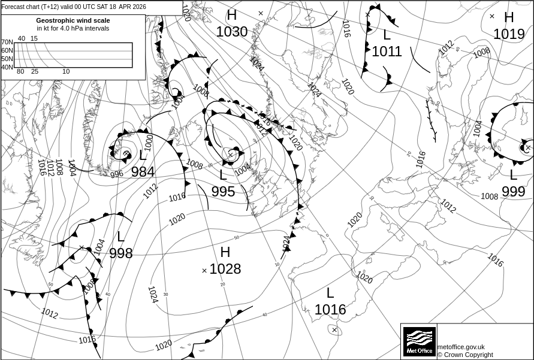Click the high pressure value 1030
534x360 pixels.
232,32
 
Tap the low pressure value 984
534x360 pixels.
143,173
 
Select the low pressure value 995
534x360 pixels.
223,192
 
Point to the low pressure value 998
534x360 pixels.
120,253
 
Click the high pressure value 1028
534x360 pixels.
225,269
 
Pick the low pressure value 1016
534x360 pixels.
330,310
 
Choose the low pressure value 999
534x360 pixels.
513,192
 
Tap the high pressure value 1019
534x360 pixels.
509,34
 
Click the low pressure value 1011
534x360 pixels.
387,52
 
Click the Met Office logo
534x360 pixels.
419,341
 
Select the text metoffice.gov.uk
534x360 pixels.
461,347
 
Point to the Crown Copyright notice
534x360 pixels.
465,355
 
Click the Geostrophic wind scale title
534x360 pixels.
73,20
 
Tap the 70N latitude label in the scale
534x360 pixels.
7,42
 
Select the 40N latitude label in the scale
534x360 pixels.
7,67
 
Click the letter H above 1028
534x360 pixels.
225,253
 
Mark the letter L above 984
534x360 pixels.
143,156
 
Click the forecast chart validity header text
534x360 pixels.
74,7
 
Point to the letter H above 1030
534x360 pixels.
232,16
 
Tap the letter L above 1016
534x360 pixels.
330,294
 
